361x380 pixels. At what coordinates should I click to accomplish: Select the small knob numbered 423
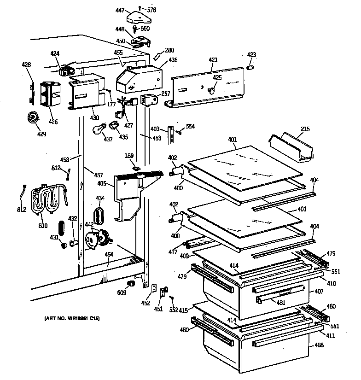[251, 68]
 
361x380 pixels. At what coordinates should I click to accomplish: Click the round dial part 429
[33, 118]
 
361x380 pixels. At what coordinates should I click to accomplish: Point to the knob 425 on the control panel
[212, 91]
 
